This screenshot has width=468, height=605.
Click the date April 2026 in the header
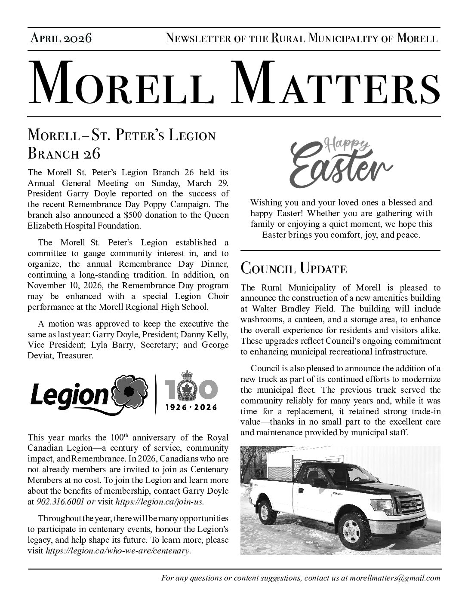point(61,38)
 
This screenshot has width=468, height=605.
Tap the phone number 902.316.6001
point(61,501)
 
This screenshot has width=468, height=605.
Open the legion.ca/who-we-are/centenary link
point(118,550)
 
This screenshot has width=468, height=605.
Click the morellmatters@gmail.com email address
point(394,578)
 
